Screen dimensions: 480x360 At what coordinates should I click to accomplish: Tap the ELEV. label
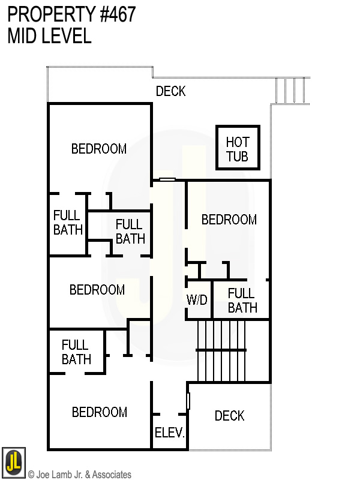[170, 433]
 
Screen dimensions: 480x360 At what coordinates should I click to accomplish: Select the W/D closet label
[197, 300]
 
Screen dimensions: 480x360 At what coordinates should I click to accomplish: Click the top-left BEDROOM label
[99, 149]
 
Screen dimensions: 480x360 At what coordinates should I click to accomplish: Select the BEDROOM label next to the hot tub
[229, 220]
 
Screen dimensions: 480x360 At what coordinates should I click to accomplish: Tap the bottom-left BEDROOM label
[100, 412]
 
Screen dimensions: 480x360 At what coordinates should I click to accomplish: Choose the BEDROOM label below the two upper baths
[97, 290]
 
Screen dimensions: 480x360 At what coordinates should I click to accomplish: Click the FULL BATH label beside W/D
[242, 301]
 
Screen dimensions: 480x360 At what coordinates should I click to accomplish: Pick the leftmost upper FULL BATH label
[68, 223]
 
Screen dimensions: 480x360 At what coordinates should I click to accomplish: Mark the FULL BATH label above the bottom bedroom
[76, 352]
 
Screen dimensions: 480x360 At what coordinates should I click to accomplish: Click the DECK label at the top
[171, 91]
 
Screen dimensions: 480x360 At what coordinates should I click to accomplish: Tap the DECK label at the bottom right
[230, 416]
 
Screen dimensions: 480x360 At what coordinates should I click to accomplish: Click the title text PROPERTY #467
[72, 14]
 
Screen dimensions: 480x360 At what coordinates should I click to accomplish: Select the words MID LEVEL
[50, 36]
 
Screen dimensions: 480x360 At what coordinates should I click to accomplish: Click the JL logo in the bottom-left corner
[13, 463]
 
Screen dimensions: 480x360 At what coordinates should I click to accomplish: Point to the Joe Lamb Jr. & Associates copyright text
[80, 475]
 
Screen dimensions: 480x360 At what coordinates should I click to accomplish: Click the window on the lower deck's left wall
[188, 401]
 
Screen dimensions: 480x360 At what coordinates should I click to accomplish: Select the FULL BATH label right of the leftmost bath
[130, 231]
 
